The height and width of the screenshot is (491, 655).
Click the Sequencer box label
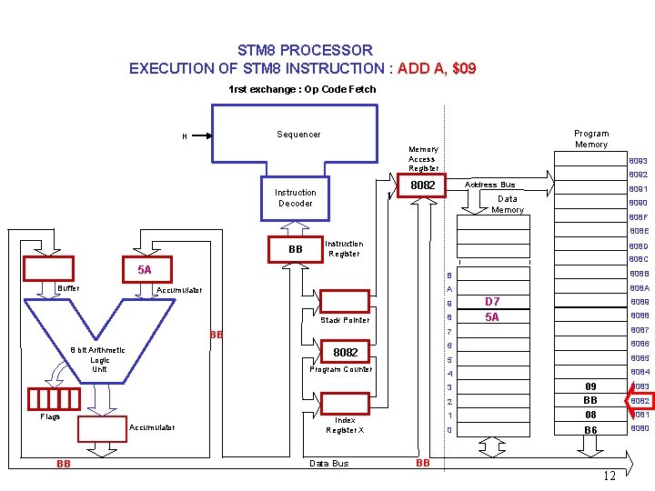(x=298, y=135)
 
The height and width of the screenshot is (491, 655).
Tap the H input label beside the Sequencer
(x=185, y=137)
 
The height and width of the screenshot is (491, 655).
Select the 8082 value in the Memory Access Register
(x=423, y=185)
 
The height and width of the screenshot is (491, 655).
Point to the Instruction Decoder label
(x=296, y=198)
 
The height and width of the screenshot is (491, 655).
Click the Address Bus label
(x=490, y=185)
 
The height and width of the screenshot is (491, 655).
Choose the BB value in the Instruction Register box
(x=295, y=249)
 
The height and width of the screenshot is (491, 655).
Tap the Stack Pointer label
(x=346, y=320)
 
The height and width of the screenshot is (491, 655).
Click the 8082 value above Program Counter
(x=346, y=352)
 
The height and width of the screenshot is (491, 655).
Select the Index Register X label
(x=345, y=426)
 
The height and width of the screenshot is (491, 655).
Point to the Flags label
(x=50, y=417)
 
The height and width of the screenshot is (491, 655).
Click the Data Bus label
(x=328, y=464)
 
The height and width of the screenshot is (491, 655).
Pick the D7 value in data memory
(x=492, y=302)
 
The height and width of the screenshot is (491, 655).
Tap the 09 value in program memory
(x=590, y=386)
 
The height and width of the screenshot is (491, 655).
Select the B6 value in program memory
(x=590, y=429)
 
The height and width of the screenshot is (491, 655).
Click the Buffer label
(x=68, y=288)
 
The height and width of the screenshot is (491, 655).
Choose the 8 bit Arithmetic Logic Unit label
(x=99, y=359)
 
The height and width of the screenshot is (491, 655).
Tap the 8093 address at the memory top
(x=638, y=161)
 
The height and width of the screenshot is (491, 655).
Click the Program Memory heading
(x=591, y=139)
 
